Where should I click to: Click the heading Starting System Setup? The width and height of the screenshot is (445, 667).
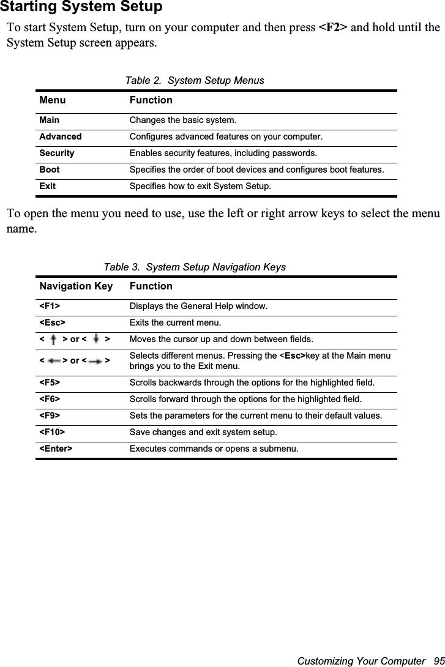pyautogui.click(x=81, y=7)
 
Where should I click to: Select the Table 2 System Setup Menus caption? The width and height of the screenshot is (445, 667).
pyautogui.click(x=195, y=80)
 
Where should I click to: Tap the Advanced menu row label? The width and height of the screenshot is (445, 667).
pyautogui.click(x=60, y=136)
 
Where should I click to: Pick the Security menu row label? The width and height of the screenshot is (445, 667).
pyautogui.click(x=56, y=153)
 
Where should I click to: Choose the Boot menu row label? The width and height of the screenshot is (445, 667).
pyautogui.click(x=49, y=170)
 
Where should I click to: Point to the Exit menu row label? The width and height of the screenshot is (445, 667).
pyautogui.click(x=47, y=186)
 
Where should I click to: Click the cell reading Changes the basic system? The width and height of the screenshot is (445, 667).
pyautogui.click(x=182, y=121)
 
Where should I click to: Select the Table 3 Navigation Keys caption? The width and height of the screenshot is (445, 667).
pyautogui.click(x=195, y=267)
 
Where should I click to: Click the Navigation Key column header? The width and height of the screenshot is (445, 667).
pyautogui.click(x=76, y=286)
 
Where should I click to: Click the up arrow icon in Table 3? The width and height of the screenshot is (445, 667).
pyautogui.click(x=54, y=339)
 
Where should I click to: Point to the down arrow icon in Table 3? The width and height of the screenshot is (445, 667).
pyautogui.click(x=97, y=339)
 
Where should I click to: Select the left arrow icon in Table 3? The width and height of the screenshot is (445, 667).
pyautogui.click(x=53, y=361)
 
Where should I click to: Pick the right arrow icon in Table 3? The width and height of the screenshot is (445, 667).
pyautogui.click(x=95, y=361)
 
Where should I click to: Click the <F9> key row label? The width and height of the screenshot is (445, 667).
pyautogui.click(x=50, y=416)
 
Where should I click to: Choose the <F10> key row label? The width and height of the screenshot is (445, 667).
pyautogui.click(x=52, y=433)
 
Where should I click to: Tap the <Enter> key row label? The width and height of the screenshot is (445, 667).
pyautogui.click(x=56, y=449)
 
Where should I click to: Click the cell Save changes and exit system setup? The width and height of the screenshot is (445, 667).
pyautogui.click(x=203, y=433)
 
